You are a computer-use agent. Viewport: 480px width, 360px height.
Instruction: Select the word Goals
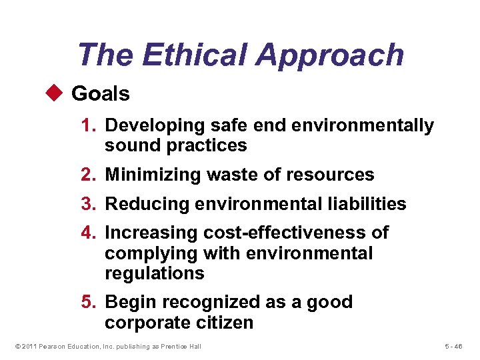101,94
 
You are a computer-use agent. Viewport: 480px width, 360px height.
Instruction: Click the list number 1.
89,125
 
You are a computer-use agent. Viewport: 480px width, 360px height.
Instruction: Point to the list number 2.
89,175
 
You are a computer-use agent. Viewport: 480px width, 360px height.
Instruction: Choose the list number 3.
89,204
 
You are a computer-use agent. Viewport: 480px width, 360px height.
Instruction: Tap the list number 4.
89,233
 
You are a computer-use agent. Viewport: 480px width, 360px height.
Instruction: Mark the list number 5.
89,302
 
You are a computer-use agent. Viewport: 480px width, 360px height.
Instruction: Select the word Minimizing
147,175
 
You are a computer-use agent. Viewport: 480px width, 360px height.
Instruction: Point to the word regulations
154,273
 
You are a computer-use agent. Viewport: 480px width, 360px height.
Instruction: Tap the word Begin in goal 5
128,303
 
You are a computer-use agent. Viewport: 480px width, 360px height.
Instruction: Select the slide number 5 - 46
457,346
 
